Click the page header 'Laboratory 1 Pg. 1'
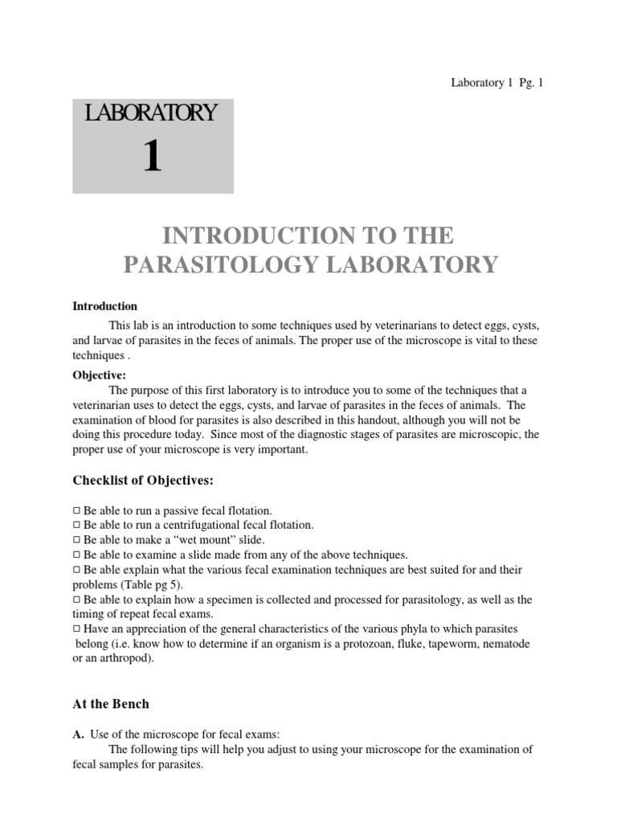pos(496,83)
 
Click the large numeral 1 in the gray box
pos(153,156)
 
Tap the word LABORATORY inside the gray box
pos(152,113)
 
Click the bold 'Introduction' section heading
pos(105,306)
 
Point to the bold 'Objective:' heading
pos(100,375)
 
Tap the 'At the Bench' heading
pos(111,703)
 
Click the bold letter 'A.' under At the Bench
pos(78,733)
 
